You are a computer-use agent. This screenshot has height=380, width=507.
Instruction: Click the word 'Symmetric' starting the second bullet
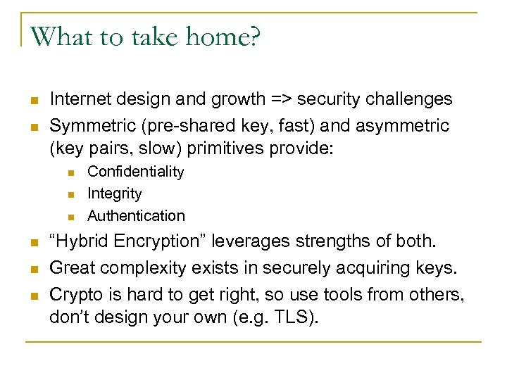coord(87,126)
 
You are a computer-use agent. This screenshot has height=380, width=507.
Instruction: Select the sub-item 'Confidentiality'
coord(135,172)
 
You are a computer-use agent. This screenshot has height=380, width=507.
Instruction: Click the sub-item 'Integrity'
coord(114,194)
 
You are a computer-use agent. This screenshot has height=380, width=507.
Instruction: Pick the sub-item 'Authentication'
coord(136,215)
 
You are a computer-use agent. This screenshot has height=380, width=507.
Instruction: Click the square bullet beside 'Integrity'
coord(70,194)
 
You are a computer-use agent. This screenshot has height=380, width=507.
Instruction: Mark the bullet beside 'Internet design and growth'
coord(32,100)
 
